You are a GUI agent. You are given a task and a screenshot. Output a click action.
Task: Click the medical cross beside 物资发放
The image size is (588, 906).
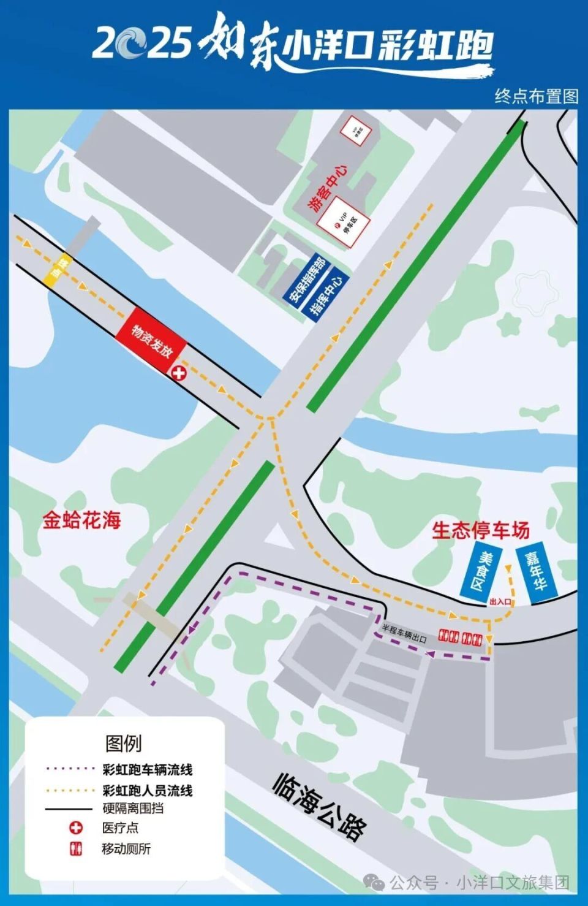pos(178,372)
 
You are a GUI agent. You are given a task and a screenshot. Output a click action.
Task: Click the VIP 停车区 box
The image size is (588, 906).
pos(347,224)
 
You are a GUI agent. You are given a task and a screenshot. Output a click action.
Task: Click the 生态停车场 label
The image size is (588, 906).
pos(481,530)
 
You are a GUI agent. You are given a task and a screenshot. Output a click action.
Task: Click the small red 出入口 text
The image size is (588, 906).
pos(500,602)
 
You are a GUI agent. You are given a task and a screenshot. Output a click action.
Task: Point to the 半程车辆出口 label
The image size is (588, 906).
pos(404,633)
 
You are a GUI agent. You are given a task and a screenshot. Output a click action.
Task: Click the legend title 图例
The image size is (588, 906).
pos(123,743)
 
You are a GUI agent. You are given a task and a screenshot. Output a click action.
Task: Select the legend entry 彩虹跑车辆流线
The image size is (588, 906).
pos(147,769)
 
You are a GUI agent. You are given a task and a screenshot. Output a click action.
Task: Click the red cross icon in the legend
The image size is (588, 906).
pos(75,828)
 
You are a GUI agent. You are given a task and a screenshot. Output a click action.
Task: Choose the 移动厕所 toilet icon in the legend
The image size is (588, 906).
pos(75,849)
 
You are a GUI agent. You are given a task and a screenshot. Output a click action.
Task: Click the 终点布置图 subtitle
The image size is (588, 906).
pos(536,97)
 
